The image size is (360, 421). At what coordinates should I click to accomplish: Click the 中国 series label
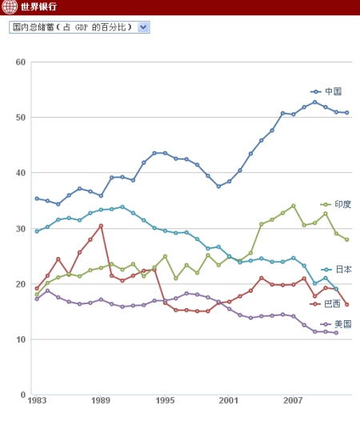(334, 91)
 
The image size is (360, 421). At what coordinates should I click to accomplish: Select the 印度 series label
(342, 205)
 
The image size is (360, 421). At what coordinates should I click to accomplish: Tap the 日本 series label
(342, 270)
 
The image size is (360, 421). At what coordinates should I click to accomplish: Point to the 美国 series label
(342, 324)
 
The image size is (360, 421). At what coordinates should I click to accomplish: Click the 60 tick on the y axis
(21, 62)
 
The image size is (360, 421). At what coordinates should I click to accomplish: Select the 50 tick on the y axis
(21, 118)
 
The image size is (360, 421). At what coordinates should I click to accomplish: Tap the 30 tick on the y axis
(21, 229)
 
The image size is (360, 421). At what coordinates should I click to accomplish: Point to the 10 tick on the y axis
(21, 339)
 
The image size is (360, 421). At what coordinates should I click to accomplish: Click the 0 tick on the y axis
(23, 395)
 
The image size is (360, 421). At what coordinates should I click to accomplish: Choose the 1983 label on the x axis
(37, 400)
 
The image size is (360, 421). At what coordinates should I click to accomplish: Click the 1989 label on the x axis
(101, 400)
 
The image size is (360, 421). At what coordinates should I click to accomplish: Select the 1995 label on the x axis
(166, 400)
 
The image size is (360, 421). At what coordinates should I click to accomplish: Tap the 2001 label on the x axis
(230, 400)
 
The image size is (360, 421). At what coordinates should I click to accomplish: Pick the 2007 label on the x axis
(294, 400)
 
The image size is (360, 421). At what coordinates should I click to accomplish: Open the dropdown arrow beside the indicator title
(143, 27)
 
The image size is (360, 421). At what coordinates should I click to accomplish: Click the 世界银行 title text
(38, 7)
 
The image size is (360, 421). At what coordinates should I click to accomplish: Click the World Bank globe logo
(10, 7)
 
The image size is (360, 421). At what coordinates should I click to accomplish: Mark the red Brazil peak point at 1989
(101, 226)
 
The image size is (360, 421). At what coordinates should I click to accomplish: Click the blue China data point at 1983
(37, 198)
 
